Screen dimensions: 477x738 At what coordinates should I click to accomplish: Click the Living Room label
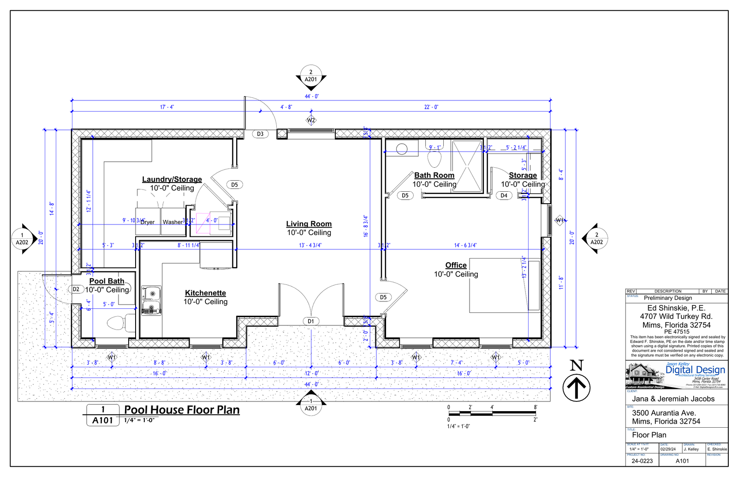tap(309, 224)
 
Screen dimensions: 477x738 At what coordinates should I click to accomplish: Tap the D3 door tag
tap(260, 134)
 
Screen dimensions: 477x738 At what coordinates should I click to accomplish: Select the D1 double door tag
tap(311, 321)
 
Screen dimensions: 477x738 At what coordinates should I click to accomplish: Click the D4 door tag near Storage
tap(504, 195)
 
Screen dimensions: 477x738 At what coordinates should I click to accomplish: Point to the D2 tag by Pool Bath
tap(76, 289)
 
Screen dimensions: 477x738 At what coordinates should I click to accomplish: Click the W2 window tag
tap(311, 120)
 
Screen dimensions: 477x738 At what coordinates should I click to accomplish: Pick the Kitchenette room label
tap(205, 293)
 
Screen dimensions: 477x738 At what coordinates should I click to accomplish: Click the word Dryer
tap(148, 222)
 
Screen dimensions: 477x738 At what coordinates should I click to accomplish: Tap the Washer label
tap(173, 222)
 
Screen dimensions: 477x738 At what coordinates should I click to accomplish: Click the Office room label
tap(456, 265)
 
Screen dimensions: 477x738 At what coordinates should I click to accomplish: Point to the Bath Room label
tap(434, 175)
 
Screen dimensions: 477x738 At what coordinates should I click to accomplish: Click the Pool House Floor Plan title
tap(182, 410)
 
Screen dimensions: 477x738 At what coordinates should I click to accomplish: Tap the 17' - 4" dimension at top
tap(167, 107)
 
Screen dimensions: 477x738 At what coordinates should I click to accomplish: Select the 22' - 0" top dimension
tap(431, 107)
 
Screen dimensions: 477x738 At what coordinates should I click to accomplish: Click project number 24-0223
tap(642, 461)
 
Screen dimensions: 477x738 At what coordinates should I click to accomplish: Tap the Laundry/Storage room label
tap(172, 179)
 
